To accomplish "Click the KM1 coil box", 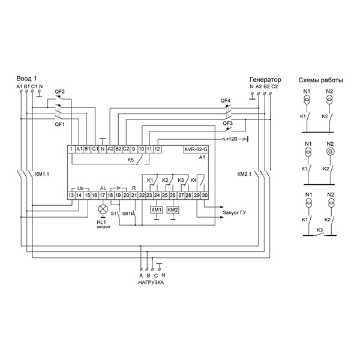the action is (157, 210).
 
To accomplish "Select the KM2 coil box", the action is (173, 210).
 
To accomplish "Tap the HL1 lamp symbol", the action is (103, 209).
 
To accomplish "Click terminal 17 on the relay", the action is (102, 195).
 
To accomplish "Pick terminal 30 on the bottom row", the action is (205, 195).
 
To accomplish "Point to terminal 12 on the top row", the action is (157, 149).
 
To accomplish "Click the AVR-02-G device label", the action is (196, 149).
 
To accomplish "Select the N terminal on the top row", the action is (103, 149).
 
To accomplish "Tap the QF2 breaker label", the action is (59, 92).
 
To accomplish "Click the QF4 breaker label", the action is (225, 101).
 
